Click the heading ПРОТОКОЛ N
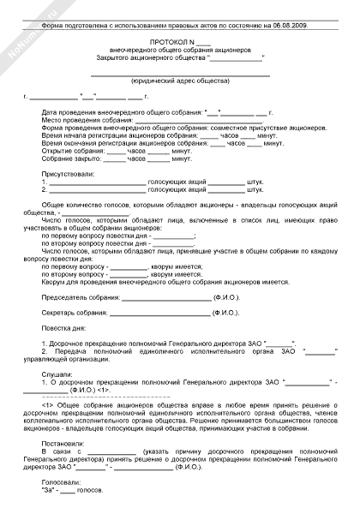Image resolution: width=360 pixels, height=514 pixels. click(x=170, y=42)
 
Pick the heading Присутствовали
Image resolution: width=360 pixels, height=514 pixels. click(x=66, y=174)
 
